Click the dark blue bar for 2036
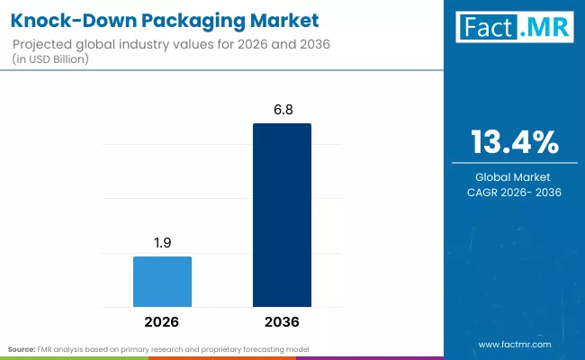point(282,215)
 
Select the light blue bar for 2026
point(162,281)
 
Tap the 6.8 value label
point(282,109)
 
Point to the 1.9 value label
point(162,242)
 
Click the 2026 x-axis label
point(162,321)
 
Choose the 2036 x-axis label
point(282,321)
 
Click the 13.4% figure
point(515,141)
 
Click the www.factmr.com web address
point(515,345)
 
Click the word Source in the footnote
point(20,347)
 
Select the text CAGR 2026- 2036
point(515,192)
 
